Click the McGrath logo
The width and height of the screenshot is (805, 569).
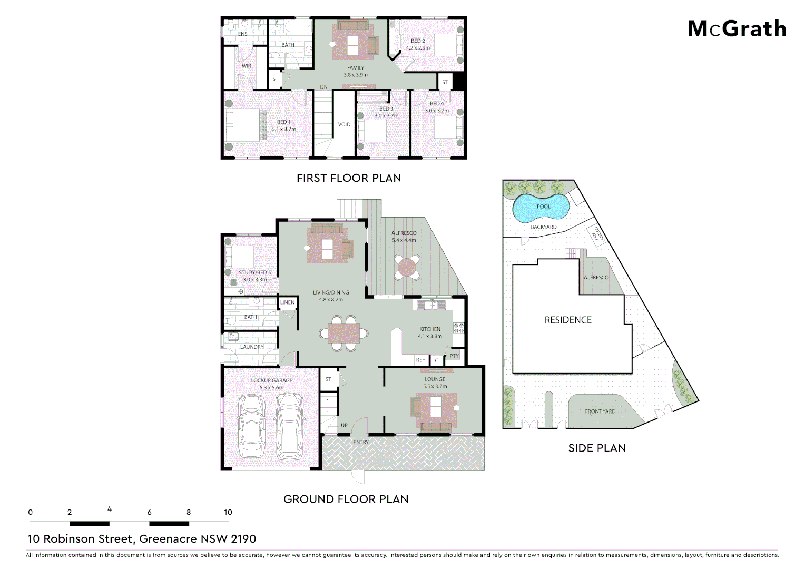pyautogui.click(x=737, y=29)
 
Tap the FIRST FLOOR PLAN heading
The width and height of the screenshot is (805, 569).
pyautogui.click(x=349, y=178)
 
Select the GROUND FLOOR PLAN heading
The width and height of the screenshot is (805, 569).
pyautogui.click(x=346, y=499)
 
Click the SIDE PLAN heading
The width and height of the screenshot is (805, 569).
pyautogui.click(x=597, y=448)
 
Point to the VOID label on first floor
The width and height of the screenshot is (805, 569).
pyautogui.click(x=344, y=125)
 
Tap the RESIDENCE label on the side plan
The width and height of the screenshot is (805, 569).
pyautogui.click(x=568, y=320)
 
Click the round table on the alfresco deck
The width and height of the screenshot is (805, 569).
pyautogui.click(x=407, y=267)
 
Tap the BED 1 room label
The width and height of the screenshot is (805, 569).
pyautogui.click(x=283, y=122)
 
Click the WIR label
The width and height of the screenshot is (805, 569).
pyautogui.click(x=247, y=66)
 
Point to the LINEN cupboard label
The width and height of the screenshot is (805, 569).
pyautogui.click(x=287, y=302)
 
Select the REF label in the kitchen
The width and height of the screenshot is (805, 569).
pyautogui.click(x=420, y=360)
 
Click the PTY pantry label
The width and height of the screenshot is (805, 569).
pyautogui.click(x=454, y=356)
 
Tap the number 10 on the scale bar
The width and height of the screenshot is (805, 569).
pyautogui.click(x=228, y=512)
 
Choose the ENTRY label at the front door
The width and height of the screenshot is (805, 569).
pyautogui.click(x=361, y=442)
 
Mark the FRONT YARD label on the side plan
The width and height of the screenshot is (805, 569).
pyautogui.click(x=600, y=411)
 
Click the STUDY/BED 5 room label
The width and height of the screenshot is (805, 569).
pyautogui.click(x=254, y=273)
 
